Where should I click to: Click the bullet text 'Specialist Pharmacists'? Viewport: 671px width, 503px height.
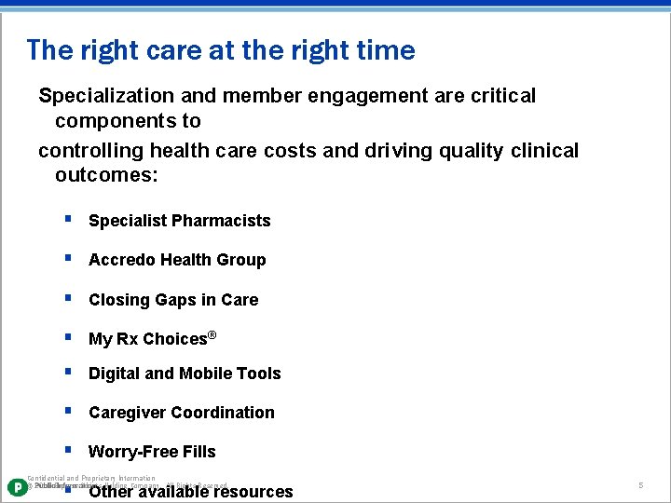[x=179, y=221]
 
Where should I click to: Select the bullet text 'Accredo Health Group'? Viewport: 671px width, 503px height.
[x=177, y=260]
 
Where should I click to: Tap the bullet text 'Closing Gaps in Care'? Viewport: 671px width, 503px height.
[x=173, y=300]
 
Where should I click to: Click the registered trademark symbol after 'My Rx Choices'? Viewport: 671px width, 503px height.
[x=212, y=334]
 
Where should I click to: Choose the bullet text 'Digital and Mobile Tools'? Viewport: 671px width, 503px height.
[x=185, y=374]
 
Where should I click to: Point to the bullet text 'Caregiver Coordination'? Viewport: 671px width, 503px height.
[x=181, y=413]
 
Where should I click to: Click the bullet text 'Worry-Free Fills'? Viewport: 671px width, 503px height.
[x=152, y=452]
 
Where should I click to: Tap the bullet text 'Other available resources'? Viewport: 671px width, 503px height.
[x=190, y=492]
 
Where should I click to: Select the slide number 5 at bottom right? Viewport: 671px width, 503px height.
[x=641, y=486]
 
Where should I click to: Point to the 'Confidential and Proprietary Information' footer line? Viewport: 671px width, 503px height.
[x=91, y=478]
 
